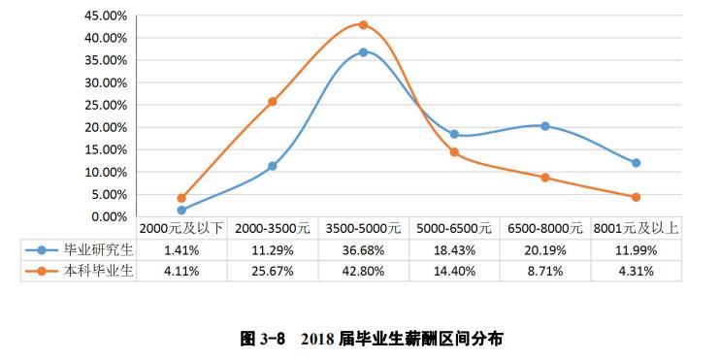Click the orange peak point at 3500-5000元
pos(363,25)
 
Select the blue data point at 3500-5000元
pos(363,52)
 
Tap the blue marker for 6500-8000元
pos(545,126)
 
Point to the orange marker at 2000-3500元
pos(273,101)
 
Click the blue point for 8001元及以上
pos(636,163)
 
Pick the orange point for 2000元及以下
pos(181,198)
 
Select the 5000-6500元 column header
pos(454,229)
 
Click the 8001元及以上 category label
pos(636,229)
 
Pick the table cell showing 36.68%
pos(363,249)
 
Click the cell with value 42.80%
pos(363,271)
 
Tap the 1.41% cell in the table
pos(181,249)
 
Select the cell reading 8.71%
pos(545,271)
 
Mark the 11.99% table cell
pos(636,249)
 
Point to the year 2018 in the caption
pos(317,339)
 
